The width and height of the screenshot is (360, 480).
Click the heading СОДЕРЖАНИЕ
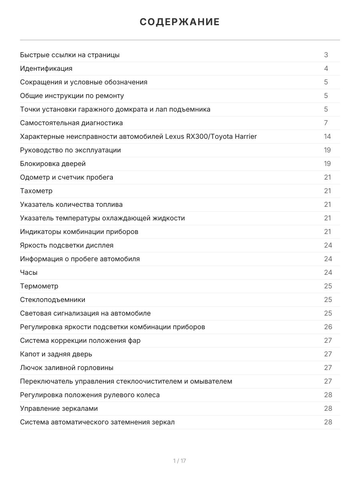(180, 22)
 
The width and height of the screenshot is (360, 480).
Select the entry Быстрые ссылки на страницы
(70, 55)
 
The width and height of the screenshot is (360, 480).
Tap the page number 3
(326, 55)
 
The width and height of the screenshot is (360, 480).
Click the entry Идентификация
(46, 68)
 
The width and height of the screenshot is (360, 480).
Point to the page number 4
(326, 68)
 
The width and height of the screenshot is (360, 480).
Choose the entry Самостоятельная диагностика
(71, 123)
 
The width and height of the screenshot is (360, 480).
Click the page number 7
(326, 123)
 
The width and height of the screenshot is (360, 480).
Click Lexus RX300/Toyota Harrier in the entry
(211, 136)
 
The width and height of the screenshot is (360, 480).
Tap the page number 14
(327, 136)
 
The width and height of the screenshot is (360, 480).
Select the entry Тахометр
(36, 191)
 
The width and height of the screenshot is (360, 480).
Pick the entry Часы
(29, 272)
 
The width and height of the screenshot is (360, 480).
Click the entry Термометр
(39, 286)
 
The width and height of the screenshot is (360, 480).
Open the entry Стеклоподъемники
(52, 300)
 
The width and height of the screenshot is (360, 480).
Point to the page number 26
(328, 327)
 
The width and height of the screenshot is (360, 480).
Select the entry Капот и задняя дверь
(56, 354)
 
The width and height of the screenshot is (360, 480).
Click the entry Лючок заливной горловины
(66, 368)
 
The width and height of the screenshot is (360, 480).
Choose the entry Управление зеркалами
(59, 408)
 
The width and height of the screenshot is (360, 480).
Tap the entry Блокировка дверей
(53, 164)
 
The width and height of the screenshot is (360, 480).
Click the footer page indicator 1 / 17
(180, 461)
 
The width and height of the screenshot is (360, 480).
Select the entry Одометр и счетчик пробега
(66, 177)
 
